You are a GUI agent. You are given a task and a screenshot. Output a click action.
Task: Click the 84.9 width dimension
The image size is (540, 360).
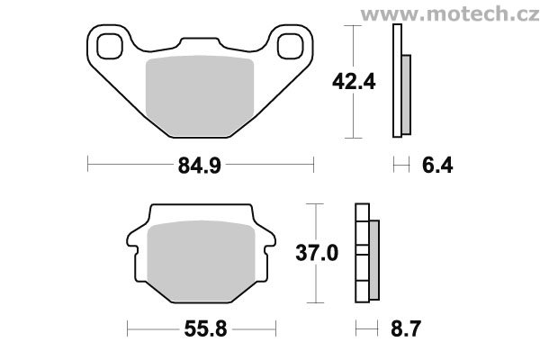[x=200, y=166]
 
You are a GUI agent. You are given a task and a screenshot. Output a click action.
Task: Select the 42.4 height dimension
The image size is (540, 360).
[x=354, y=82]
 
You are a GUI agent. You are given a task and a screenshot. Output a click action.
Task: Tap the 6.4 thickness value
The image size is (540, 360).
[x=437, y=166]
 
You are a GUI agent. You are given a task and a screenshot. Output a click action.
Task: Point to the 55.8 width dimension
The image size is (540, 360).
[x=205, y=329]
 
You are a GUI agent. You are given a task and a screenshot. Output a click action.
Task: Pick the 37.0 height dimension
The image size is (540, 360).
[x=317, y=253]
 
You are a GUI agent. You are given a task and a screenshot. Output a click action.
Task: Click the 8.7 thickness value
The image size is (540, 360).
[x=406, y=329]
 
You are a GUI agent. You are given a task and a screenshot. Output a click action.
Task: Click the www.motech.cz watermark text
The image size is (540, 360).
[x=450, y=14]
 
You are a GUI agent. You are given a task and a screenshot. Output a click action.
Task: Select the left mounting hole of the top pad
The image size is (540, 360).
[x=110, y=46]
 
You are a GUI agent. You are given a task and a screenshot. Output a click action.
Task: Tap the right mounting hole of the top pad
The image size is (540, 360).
[x=291, y=46]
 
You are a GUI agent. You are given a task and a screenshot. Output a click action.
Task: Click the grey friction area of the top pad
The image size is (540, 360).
[x=200, y=96]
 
